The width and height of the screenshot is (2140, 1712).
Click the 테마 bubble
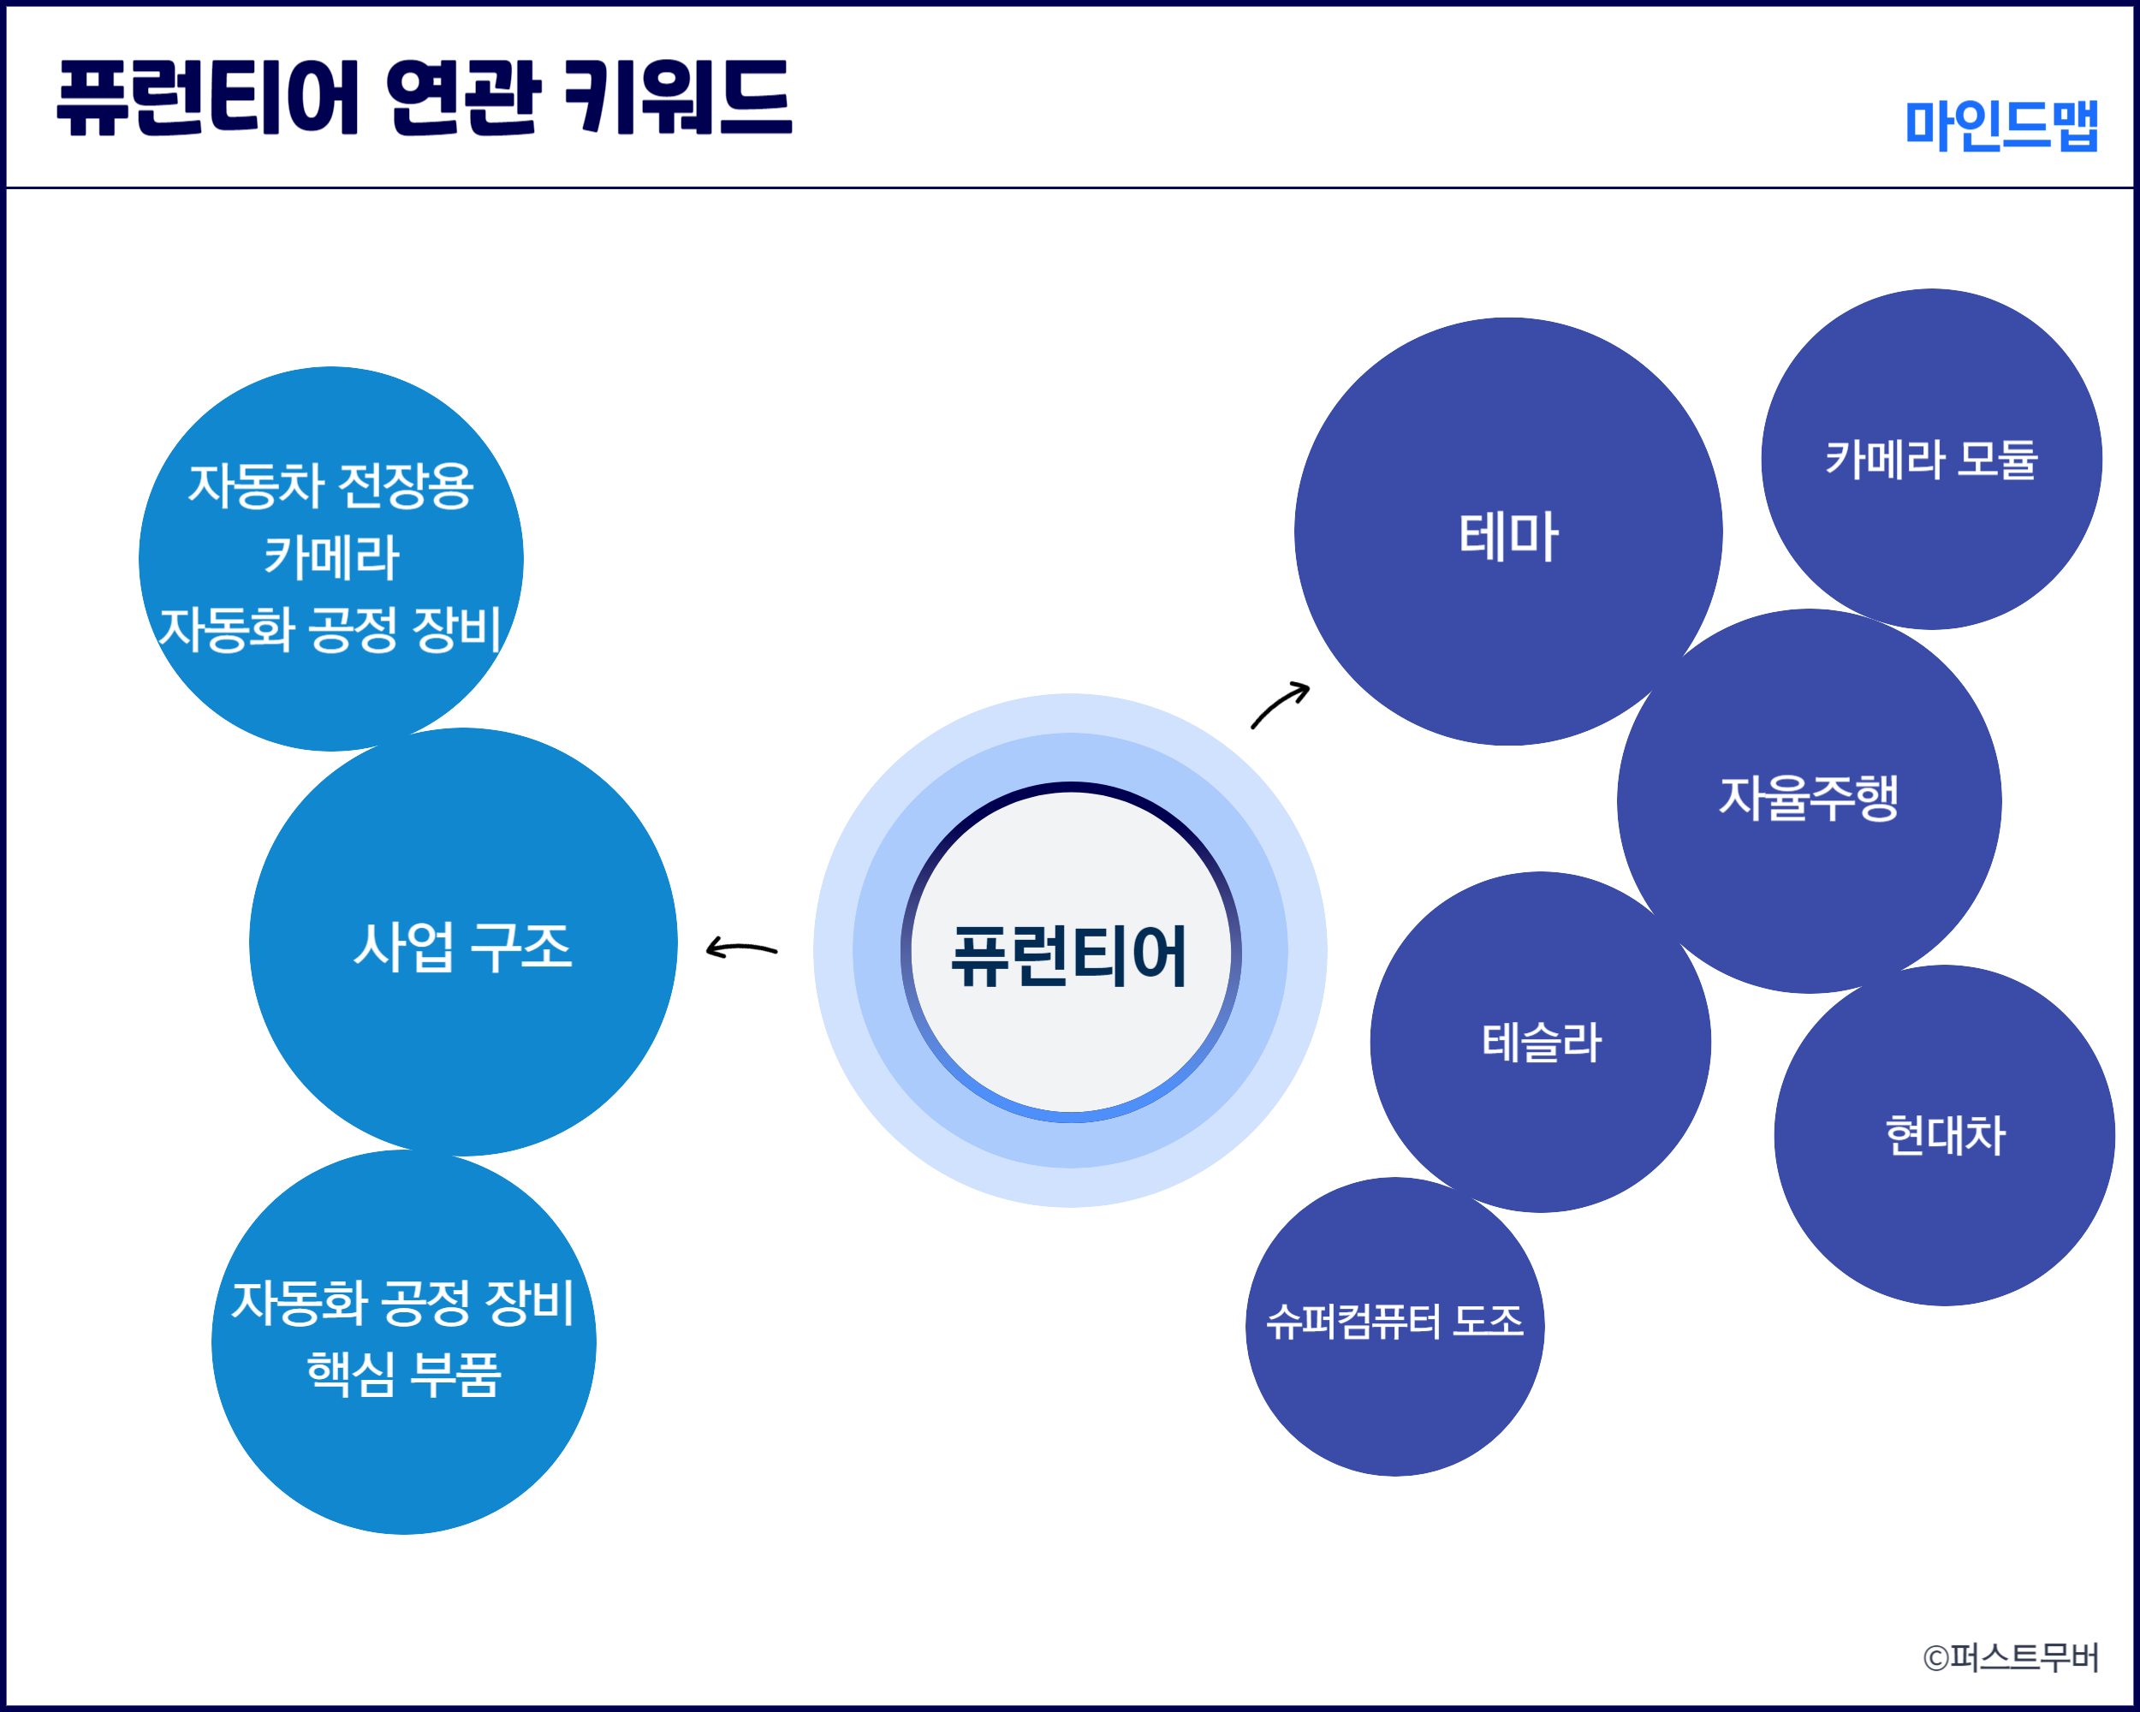coord(1507,531)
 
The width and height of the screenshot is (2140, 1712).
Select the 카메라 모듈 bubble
coord(1931,459)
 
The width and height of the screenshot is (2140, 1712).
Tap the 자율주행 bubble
coord(1809,801)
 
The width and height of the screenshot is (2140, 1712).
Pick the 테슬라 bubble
coord(1541,1042)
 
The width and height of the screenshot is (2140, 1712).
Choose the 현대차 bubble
coord(1945,1135)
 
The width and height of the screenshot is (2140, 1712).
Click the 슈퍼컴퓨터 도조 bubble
coord(1394,1327)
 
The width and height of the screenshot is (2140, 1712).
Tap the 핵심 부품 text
coord(404,1375)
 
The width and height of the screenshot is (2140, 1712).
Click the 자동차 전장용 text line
coord(330,485)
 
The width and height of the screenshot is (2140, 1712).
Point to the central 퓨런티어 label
coord(1069,956)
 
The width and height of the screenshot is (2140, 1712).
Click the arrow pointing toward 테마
coord(1279,704)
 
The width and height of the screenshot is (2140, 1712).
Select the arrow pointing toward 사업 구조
coord(741,948)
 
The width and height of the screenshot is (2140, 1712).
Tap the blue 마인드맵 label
coord(2001,125)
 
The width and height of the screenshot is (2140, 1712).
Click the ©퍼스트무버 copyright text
coord(2010,1657)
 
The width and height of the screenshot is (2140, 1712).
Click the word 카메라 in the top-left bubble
coord(331,556)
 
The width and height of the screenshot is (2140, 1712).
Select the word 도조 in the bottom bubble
coord(1487,1321)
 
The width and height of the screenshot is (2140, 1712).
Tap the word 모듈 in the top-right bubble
coord(1998,460)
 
